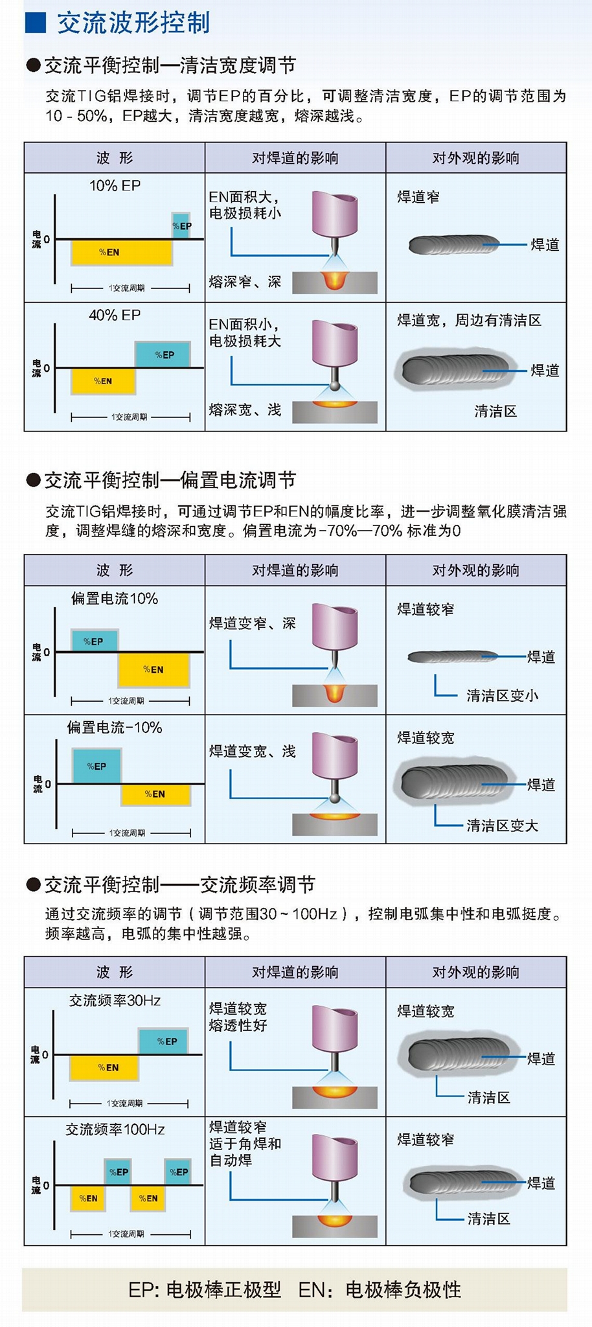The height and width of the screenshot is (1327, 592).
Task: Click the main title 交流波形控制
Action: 133,23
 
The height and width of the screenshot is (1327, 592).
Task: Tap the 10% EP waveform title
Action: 115,186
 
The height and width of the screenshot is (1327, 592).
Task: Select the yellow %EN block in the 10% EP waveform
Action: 121,252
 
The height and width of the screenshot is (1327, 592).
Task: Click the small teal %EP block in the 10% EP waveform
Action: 181,225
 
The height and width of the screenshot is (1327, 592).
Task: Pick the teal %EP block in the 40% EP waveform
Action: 163,354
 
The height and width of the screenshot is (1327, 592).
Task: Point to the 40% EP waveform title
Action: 115,316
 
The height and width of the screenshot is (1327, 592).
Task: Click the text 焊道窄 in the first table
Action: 418,197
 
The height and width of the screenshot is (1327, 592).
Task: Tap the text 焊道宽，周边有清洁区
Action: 469,320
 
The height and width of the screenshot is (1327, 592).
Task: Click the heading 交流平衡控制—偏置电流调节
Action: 170,480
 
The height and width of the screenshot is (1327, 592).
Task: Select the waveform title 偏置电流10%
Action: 115,599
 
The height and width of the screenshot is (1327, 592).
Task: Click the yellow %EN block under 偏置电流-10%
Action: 155,794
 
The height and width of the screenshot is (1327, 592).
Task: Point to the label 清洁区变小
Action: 502,696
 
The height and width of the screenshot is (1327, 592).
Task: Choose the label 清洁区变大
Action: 502,825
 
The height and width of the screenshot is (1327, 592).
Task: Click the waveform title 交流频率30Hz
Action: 115,1000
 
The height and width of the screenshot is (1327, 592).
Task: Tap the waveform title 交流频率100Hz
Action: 115,1129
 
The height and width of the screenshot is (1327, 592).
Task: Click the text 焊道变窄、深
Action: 252,623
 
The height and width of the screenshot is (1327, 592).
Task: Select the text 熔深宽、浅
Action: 245,410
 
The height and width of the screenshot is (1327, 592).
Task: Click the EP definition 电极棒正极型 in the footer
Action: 223,1289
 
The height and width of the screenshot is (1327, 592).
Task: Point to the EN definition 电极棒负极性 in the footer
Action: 403,1289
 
